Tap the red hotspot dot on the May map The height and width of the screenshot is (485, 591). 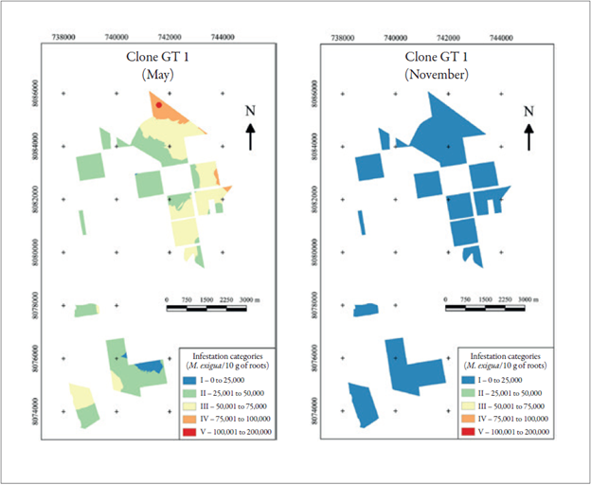point(159,105)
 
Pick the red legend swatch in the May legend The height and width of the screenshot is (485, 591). point(192,431)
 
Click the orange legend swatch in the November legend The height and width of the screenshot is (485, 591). point(471,418)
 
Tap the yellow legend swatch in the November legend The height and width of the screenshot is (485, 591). point(471,404)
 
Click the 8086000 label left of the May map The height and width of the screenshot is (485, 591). point(36,94)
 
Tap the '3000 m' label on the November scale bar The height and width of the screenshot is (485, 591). point(531,298)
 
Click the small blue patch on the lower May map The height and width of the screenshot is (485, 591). point(147,366)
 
